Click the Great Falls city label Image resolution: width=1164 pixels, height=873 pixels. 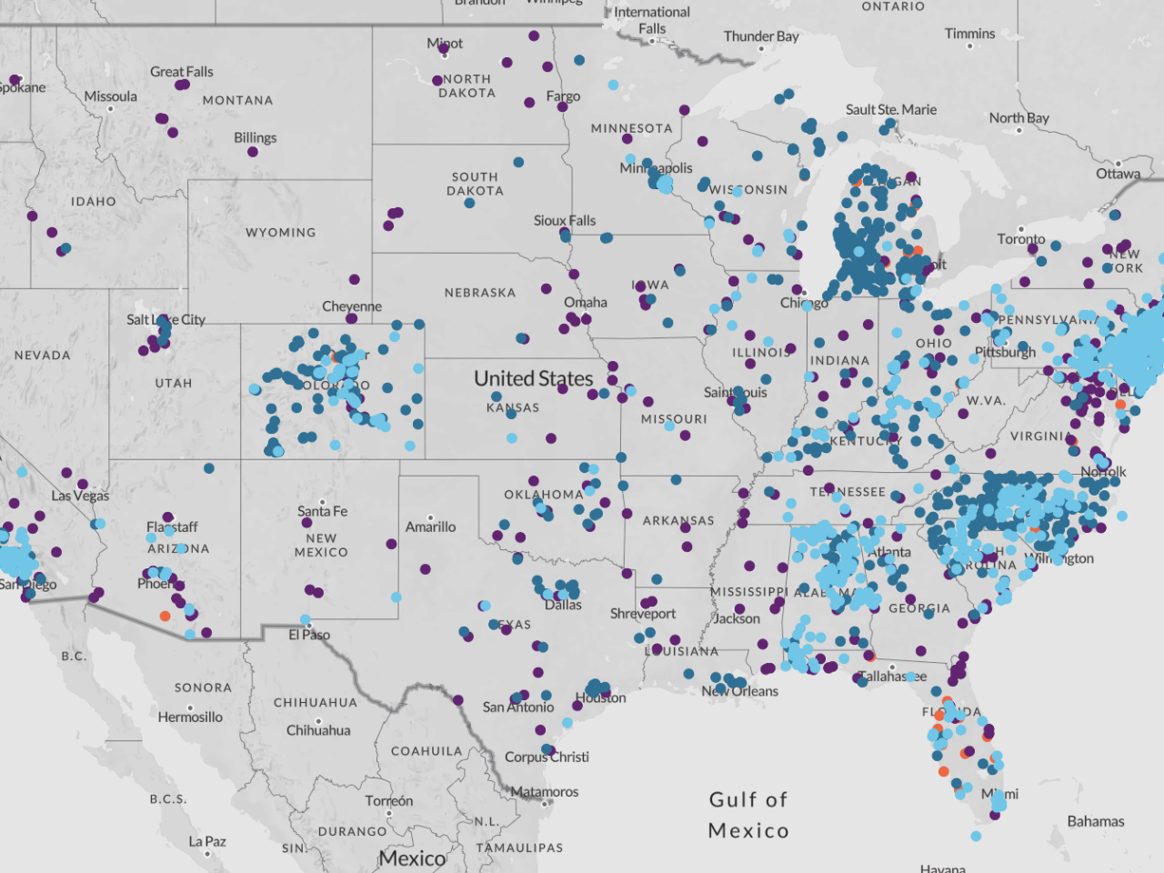pyautogui.click(x=182, y=72)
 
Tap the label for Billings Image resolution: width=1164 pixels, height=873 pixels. pyautogui.click(x=255, y=137)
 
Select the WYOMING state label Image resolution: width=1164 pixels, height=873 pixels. pyautogui.click(x=280, y=233)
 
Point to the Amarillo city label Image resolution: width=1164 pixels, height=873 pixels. pyautogui.click(x=430, y=527)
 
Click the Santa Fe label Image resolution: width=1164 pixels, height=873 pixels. pyautogui.click(x=322, y=511)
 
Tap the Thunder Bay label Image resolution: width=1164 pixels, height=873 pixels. pyautogui.click(x=761, y=36)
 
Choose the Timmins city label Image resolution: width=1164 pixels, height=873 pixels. pyautogui.click(x=969, y=34)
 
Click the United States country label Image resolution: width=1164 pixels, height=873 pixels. pyautogui.click(x=533, y=378)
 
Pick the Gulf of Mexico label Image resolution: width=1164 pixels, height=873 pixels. pyautogui.click(x=748, y=815)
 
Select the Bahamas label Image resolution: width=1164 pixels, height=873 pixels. pyautogui.click(x=1095, y=821)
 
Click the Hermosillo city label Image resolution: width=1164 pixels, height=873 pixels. pyautogui.click(x=190, y=717)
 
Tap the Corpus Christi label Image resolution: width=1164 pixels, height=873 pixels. pyautogui.click(x=547, y=757)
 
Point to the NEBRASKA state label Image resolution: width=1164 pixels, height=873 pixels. pyautogui.click(x=479, y=293)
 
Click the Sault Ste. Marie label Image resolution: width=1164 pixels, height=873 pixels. pyautogui.click(x=890, y=109)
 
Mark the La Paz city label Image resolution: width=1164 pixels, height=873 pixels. pyautogui.click(x=207, y=841)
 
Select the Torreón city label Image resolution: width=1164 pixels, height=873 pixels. pyautogui.click(x=388, y=800)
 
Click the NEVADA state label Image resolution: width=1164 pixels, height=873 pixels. pyautogui.click(x=42, y=356)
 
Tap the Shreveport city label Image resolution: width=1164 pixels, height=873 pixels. pyautogui.click(x=642, y=614)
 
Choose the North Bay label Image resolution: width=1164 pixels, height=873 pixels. pyautogui.click(x=1018, y=117)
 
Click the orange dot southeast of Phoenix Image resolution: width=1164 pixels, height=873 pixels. pyautogui.click(x=165, y=617)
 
